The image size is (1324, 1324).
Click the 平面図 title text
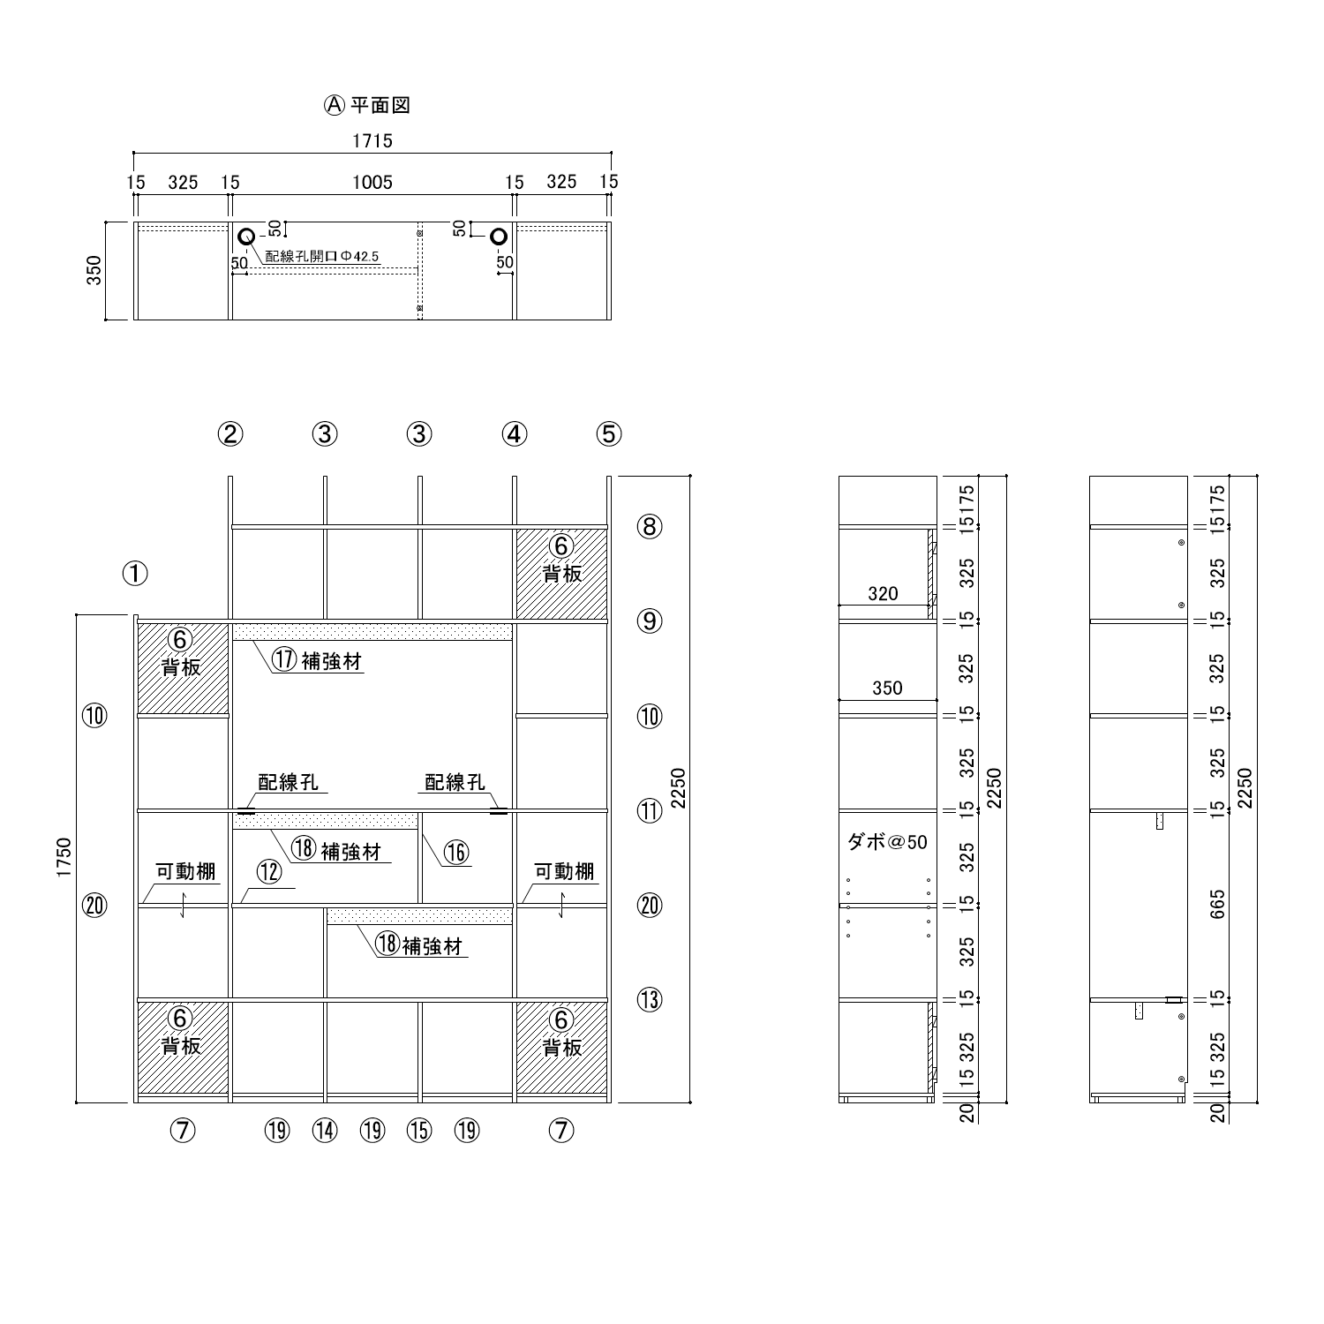380,106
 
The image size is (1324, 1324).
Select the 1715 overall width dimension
372,140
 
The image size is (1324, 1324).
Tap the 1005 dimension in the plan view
372,183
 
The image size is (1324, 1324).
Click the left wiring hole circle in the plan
246,236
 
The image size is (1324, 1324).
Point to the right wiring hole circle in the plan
500,236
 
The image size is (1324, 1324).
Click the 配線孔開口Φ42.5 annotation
322,256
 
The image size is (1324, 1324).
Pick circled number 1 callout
135,574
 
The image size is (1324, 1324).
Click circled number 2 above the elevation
230,433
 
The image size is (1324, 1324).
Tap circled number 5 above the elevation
608,433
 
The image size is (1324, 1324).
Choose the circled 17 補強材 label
316,660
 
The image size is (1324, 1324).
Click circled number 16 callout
456,852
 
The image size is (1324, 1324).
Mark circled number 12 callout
269,872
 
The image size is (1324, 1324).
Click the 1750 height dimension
64,858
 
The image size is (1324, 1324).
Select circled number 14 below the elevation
325,1130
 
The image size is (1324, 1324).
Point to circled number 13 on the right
650,1000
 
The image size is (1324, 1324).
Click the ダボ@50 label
887,842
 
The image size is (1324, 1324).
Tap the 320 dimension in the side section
883,594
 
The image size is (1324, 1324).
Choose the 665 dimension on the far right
1218,905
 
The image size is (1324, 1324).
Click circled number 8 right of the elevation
650,527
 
